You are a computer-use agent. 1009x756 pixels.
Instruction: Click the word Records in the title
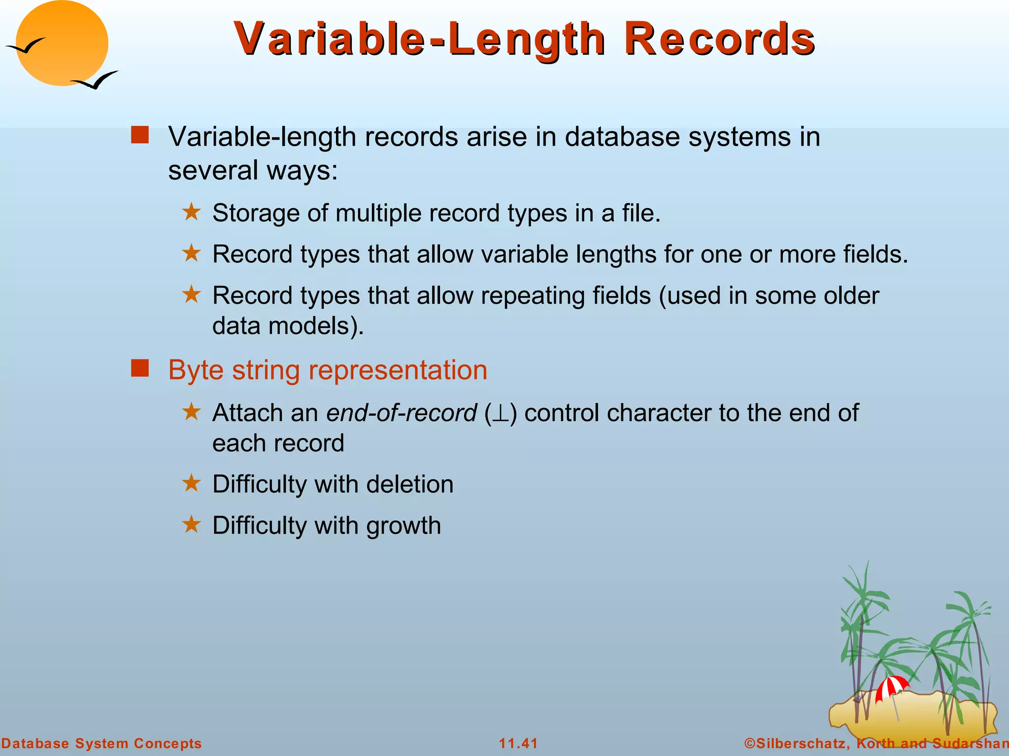719,39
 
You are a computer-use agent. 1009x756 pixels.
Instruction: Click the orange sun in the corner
62,42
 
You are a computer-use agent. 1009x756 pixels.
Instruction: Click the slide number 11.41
518,743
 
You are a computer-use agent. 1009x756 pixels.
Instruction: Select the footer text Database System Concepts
101,743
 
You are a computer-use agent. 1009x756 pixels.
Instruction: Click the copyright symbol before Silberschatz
749,743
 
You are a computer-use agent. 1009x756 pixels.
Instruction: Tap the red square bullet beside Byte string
140,368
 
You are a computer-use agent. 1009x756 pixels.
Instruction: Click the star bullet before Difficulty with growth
191,524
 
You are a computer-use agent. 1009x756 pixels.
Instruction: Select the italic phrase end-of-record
402,412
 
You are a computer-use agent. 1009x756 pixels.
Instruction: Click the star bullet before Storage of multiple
191,213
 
